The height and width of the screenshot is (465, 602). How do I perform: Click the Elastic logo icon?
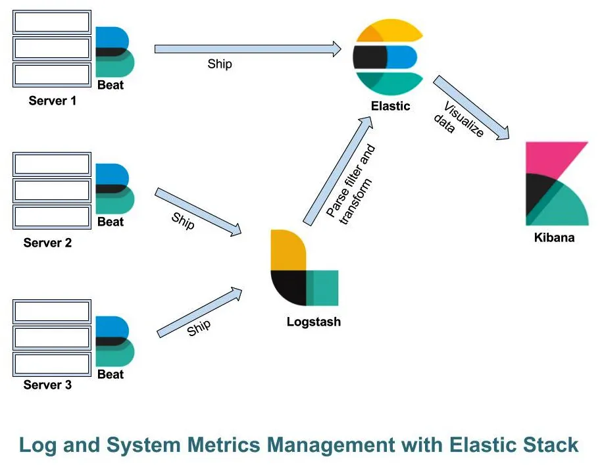[x=387, y=57]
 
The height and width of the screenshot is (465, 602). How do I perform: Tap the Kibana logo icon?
[x=557, y=183]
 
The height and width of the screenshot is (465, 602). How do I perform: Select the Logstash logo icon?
[x=303, y=268]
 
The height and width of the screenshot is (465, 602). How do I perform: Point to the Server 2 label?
[x=47, y=243]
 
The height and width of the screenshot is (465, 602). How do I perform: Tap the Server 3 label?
[x=47, y=385]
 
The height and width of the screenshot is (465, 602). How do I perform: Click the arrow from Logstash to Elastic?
[x=334, y=171]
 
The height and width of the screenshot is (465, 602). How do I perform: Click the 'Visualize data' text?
[x=457, y=120]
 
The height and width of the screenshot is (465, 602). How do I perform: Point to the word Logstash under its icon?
[x=313, y=322]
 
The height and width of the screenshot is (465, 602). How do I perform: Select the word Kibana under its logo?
[x=554, y=237]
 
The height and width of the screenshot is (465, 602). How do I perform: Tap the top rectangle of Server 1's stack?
[x=52, y=22]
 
